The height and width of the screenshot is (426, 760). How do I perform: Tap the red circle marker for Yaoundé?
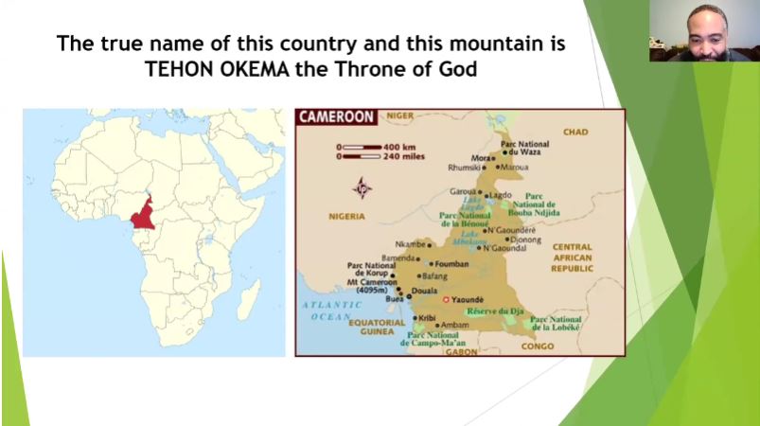tap(447, 300)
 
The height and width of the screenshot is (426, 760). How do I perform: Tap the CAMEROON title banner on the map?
tap(337, 118)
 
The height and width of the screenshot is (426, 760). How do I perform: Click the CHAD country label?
tap(575, 132)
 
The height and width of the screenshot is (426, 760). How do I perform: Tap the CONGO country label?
tap(538, 346)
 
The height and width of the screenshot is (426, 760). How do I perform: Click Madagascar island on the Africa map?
tap(248, 301)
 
